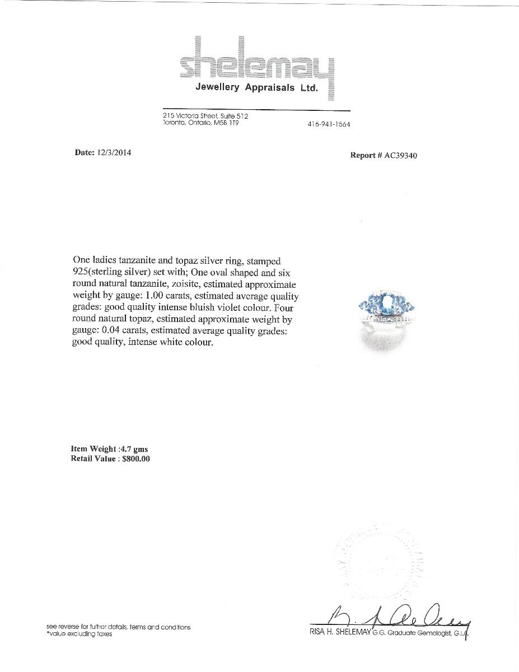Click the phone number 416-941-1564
[x=329, y=124]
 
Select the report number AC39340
[x=400, y=155]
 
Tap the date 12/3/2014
[x=115, y=152]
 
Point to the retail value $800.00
[x=135, y=459]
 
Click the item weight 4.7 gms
[x=133, y=449]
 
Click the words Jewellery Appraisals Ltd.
[x=256, y=87]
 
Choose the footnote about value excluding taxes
[x=79, y=634]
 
